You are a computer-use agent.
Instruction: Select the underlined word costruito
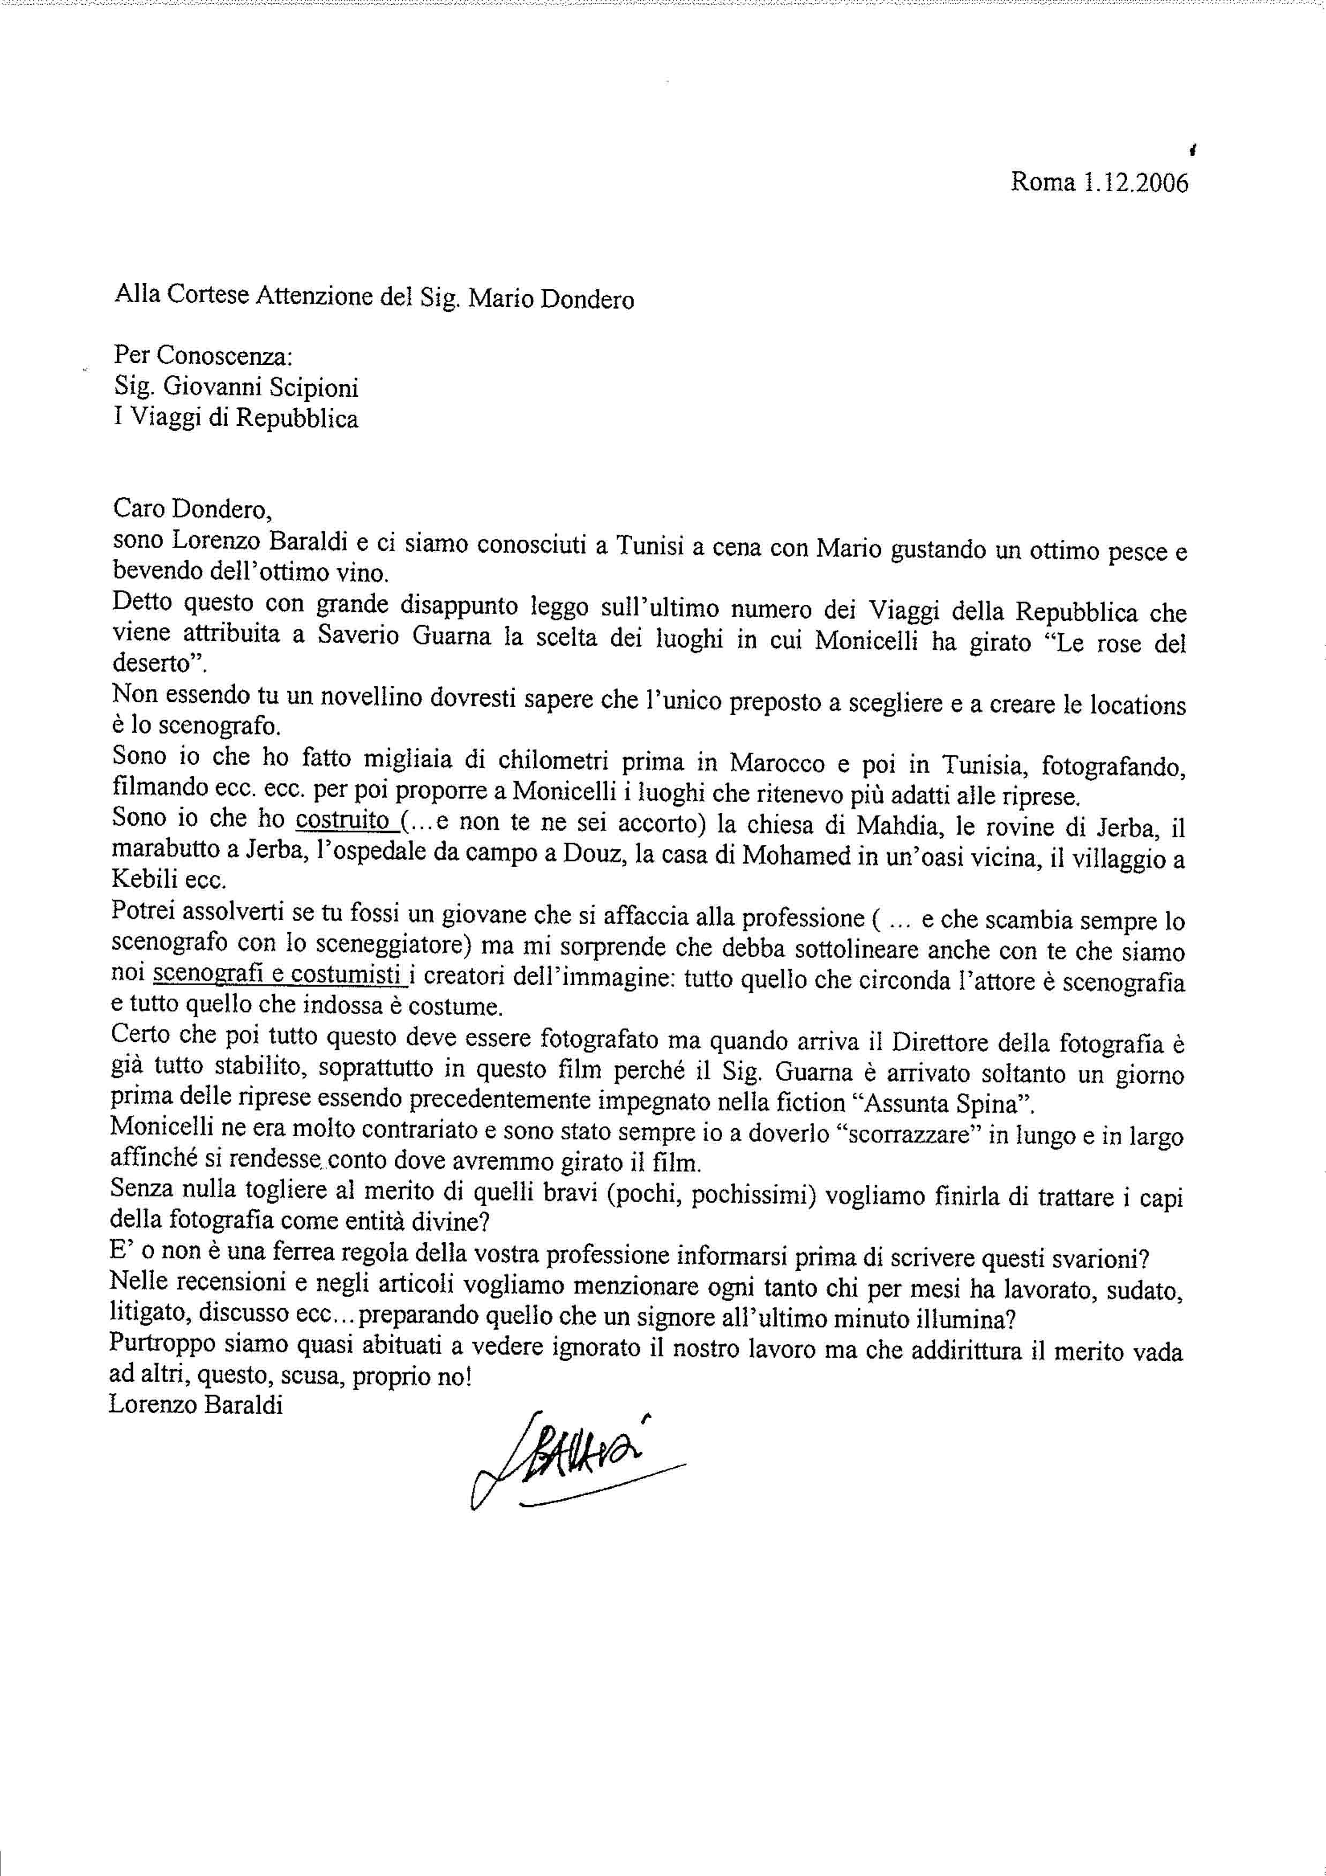(x=341, y=820)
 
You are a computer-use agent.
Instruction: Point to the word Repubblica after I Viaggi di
(x=297, y=418)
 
